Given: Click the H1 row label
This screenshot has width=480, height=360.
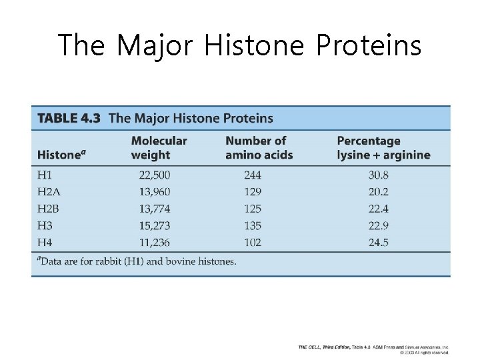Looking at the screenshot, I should point(45,175).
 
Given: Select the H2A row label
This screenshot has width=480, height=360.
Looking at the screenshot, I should point(49,192).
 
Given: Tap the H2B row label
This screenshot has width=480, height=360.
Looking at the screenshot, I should point(49,209).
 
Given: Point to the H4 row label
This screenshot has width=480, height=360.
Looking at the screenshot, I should point(45,242).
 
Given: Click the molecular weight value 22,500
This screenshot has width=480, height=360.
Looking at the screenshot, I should point(155,175).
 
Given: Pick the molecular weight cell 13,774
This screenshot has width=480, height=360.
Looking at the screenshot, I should point(155,209).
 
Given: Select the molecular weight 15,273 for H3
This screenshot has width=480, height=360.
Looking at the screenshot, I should point(155,225).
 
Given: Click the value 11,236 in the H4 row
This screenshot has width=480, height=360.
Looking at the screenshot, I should point(155,242).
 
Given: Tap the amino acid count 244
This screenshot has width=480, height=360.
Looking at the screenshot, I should point(253,175).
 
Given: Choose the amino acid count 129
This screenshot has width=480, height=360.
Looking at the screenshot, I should point(253,192).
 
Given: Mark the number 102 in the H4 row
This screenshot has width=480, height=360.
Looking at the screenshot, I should point(253,242).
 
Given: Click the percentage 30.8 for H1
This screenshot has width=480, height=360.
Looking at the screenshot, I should point(379,175).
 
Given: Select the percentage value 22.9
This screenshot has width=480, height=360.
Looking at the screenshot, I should point(379,225).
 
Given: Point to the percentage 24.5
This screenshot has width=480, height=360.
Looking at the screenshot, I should point(379,242).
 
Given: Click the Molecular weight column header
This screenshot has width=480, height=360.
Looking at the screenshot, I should point(159,148).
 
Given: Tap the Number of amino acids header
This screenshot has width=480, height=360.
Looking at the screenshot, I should point(259,148).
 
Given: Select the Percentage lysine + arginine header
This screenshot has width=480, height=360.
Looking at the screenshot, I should point(383,148).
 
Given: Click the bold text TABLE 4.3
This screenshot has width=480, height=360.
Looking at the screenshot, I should point(69,118).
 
